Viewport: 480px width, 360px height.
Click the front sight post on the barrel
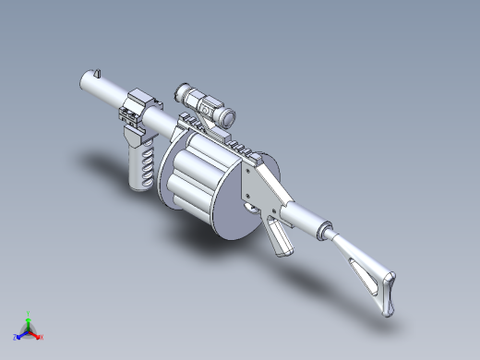[x=96, y=73]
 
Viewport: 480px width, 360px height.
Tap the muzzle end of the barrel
[x=81, y=87]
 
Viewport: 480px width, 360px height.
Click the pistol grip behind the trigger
[x=281, y=240]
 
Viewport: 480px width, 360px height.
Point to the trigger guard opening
[x=252, y=208]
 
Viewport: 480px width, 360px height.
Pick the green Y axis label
[x=30, y=313]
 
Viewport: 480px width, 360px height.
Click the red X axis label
[x=42, y=336]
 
